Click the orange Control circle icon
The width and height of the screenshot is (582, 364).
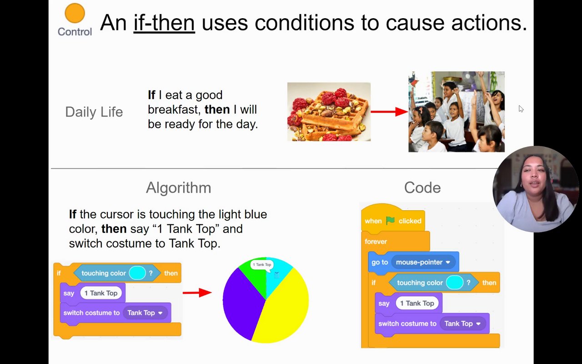pos(75,13)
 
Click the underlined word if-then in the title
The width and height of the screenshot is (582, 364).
pos(164,23)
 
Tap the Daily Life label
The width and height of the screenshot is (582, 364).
pos(94,112)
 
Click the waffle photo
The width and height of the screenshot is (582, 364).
pos(329,112)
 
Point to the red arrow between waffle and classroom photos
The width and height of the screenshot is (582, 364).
pos(390,112)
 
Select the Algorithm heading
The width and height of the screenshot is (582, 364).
pos(179,188)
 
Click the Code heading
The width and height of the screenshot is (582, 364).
pos(422,188)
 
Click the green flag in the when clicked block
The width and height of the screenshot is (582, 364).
pos(390,221)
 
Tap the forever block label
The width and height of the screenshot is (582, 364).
pos(376,242)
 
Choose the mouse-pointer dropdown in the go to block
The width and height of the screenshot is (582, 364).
pos(423,262)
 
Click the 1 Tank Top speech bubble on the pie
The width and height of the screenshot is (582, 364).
pos(262,265)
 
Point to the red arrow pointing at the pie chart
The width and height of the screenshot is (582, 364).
pos(197,293)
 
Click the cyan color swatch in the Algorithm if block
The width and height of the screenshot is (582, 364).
pos(137,273)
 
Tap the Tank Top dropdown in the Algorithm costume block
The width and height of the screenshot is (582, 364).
pos(145,313)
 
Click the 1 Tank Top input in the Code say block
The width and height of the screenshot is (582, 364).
pos(417,303)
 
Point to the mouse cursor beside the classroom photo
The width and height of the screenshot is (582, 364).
pos(521,109)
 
